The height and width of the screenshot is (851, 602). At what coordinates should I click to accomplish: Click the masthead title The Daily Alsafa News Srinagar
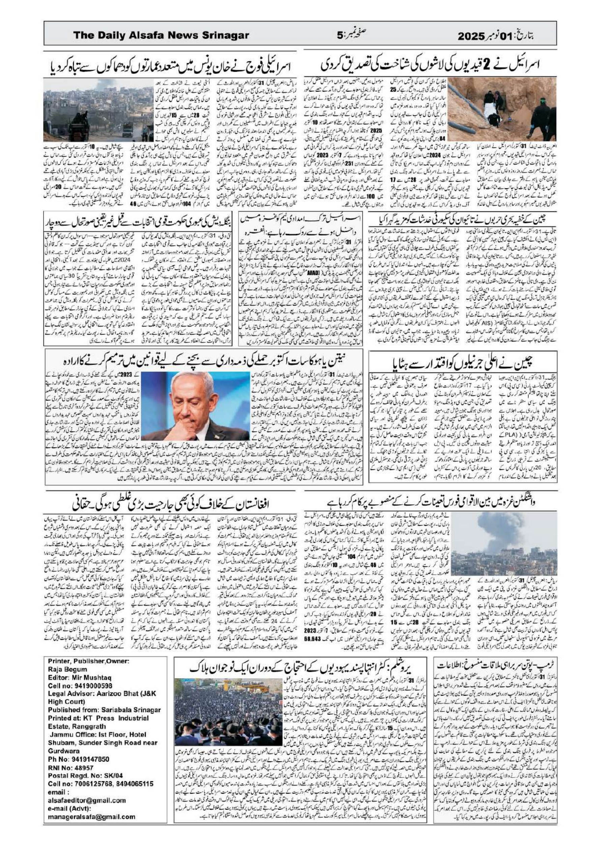[x=161, y=35]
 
